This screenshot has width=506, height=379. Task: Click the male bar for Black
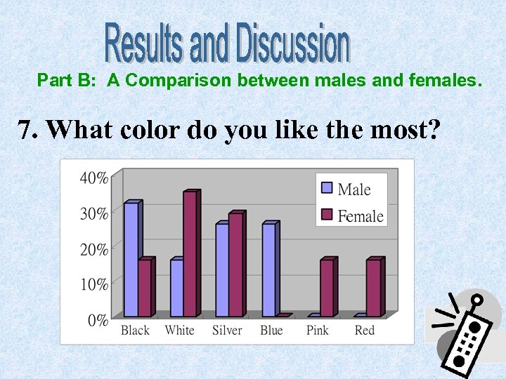(131, 260)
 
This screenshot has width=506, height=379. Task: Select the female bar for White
(190, 254)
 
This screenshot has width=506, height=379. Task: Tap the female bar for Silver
(235, 265)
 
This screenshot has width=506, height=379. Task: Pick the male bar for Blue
(268, 270)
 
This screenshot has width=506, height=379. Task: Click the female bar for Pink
(327, 288)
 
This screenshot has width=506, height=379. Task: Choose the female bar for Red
(374, 288)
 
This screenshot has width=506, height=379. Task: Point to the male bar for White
(176, 288)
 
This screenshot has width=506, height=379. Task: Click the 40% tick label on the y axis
(93, 178)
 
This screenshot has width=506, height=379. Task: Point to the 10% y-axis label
(93, 284)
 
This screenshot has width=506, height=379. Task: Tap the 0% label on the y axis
(97, 320)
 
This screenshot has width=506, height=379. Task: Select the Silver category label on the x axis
(227, 331)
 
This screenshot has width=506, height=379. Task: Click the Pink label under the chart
(317, 331)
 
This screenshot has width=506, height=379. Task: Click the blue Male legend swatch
(327, 188)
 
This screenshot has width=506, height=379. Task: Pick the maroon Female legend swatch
(327, 215)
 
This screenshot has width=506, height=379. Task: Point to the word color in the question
(157, 131)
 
